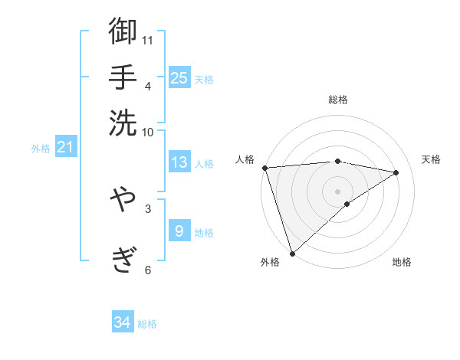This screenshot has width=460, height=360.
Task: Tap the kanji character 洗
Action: point(123,122)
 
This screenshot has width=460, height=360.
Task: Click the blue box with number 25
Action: point(179,77)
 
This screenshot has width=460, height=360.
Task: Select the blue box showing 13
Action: point(179,162)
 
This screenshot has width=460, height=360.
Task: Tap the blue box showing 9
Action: point(179,231)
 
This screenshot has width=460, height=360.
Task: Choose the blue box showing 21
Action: point(64,147)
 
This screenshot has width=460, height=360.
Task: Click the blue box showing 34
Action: point(122,322)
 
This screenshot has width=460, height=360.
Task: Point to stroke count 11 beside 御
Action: point(148,39)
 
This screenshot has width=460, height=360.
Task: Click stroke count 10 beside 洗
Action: point(148,131)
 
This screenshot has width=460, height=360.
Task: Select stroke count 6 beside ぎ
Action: point(148,269)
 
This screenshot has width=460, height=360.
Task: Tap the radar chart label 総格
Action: point(337,100)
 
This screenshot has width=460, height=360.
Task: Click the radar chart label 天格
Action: point(431,159)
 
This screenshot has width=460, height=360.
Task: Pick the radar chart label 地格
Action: point(402,262)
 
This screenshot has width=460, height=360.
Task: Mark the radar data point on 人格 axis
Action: point(264,168)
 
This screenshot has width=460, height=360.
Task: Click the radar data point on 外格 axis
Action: point(292,253)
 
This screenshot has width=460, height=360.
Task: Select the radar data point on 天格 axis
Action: point(396,172)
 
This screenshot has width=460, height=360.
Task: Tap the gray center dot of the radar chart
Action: point(337,191)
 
